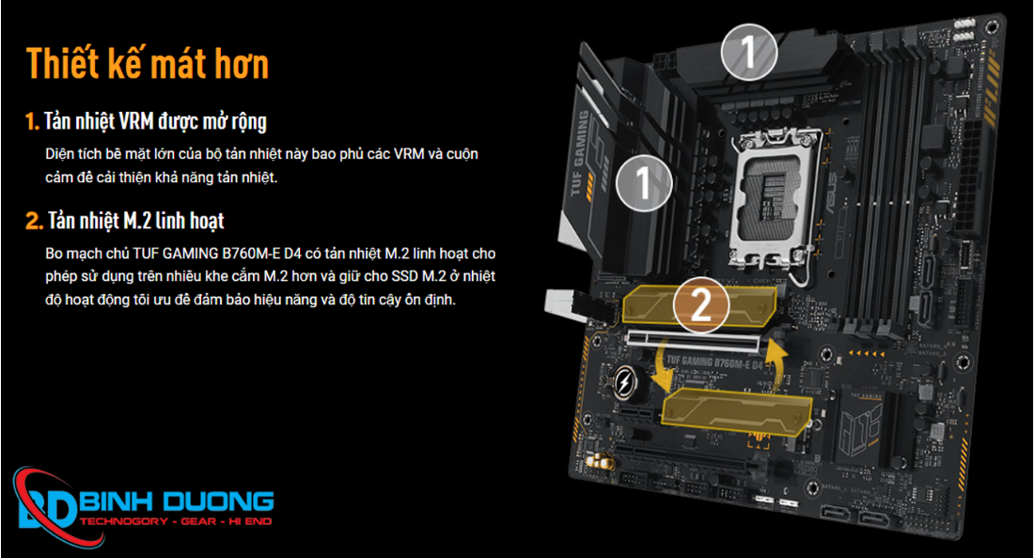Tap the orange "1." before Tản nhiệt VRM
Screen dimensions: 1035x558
(32, 121)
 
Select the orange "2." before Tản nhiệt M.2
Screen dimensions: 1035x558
(35, 221)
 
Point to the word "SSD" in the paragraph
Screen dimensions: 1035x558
(404, 275)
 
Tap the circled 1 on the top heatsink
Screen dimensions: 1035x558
(748, 52)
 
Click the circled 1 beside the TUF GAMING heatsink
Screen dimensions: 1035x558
(644, 182)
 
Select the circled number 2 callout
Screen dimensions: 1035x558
(701, 304)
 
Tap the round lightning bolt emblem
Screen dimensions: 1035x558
(624, 382)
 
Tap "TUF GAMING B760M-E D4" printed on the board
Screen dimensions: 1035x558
(714, 362)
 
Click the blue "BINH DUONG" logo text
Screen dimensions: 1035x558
(176, 502)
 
